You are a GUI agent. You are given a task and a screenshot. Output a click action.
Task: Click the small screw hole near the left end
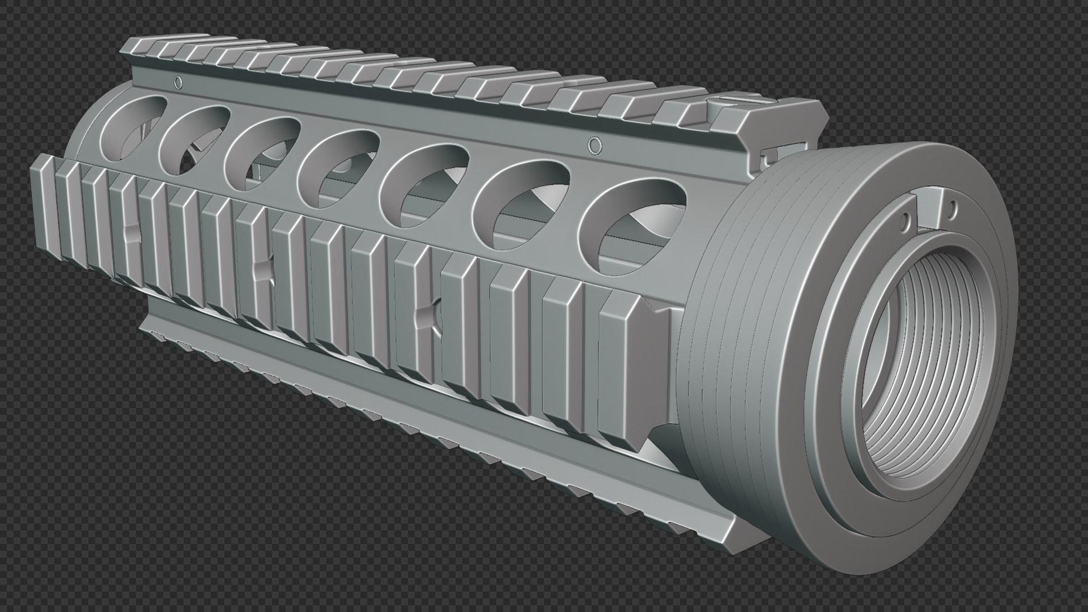(x=178, y=83)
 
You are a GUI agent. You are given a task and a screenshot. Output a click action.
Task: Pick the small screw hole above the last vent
(x=593, y=146)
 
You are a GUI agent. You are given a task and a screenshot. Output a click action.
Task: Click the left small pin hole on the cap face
(x=904, y=217)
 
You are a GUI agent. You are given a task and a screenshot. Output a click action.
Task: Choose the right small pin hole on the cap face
(x=953, y=205)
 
